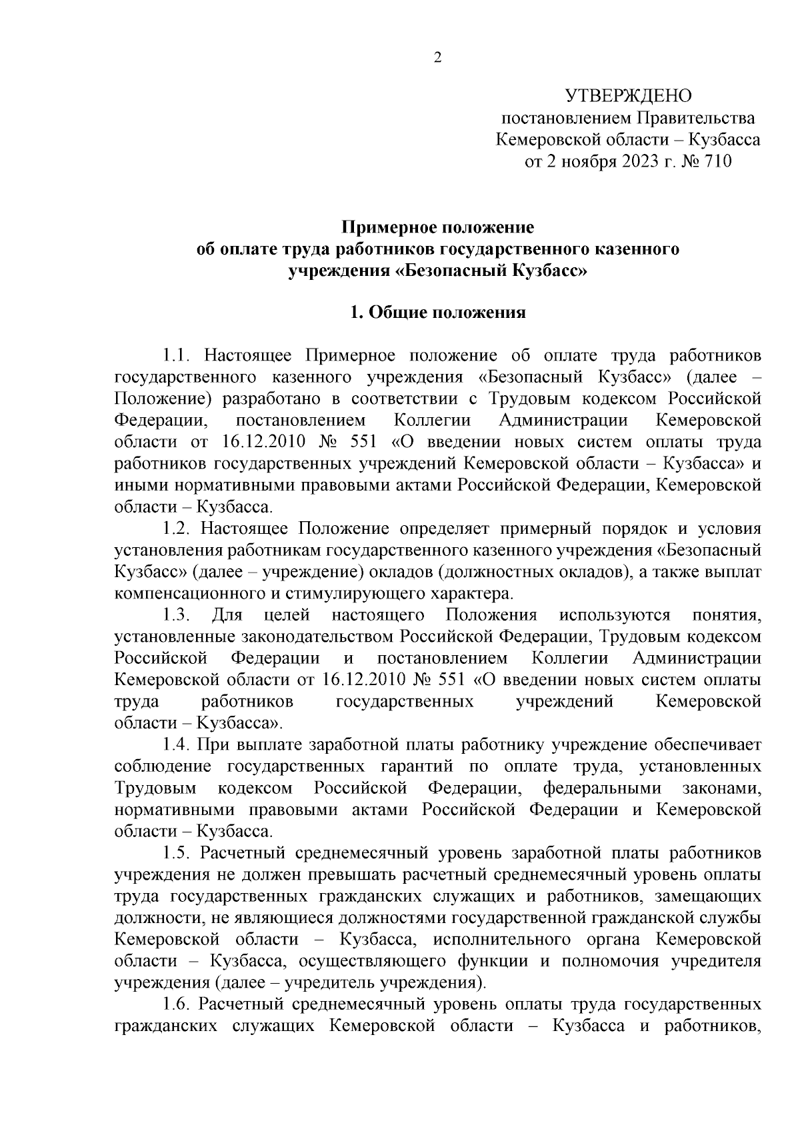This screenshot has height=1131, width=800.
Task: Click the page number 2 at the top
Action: tap(437, 58)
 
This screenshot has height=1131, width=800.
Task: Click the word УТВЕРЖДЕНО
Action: tap(628, 97)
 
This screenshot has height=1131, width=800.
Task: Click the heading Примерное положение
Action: tap(438, 228)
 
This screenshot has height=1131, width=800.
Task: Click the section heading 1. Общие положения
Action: tap(438, 313)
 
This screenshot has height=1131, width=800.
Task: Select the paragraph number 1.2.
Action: tap(178, 529)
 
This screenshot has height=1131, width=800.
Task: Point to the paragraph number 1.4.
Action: tap(178, 744)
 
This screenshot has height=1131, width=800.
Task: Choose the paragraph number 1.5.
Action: tap(178, 852)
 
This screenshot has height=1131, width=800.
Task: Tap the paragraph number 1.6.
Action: tap(178, 1004)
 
